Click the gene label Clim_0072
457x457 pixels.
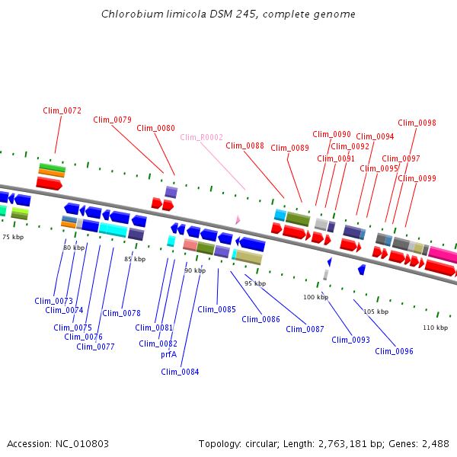(x=62, y=111)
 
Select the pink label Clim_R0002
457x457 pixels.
(x=202, y=137)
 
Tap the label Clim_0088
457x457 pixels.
(x=244, y=145)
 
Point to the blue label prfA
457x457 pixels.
(x=168, y=354)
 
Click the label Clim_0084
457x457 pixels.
(x=180, y=372)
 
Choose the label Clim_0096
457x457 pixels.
(x=394, y=351)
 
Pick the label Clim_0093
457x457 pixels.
(x=350, y=340)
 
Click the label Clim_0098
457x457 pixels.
(x=417, y=123)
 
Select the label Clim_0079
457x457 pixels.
(x=112, y=120)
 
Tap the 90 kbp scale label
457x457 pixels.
(x=195, y=270)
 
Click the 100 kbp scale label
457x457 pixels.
(x=315, y=297)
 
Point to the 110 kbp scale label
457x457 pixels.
(x=435, y=328)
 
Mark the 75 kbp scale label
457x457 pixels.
(x=13, y=237)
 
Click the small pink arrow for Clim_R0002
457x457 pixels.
(x=238, y=219)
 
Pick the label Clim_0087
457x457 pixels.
(x=305, y=329)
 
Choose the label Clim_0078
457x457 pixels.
(x=121, y=313)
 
